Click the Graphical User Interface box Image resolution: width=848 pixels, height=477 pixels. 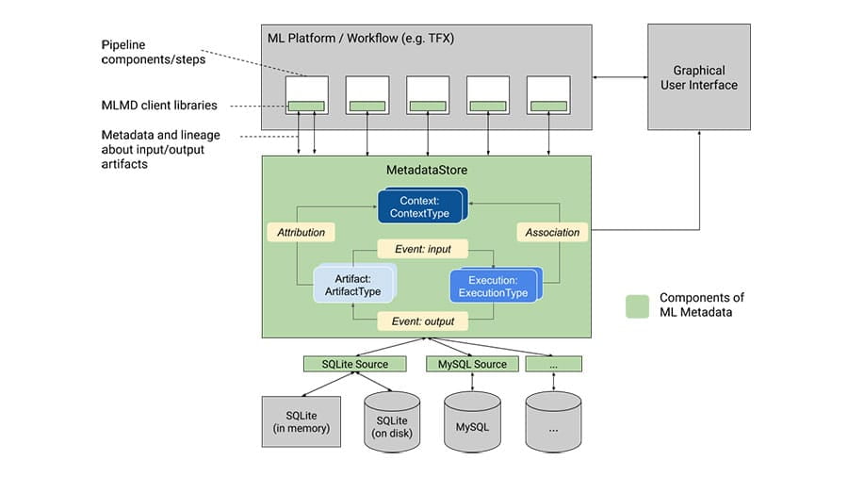point(699,77)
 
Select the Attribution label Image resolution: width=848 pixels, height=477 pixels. point(301,231)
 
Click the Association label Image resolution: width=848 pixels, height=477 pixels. point(551,231)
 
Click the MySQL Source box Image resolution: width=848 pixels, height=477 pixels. point(472,364)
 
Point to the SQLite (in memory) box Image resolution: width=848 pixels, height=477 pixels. point(295,421)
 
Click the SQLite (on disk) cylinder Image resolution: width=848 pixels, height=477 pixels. point(391,421)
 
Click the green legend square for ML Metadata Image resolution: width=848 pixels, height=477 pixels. point(637,306)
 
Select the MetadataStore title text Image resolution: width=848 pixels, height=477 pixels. point(426,170)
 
